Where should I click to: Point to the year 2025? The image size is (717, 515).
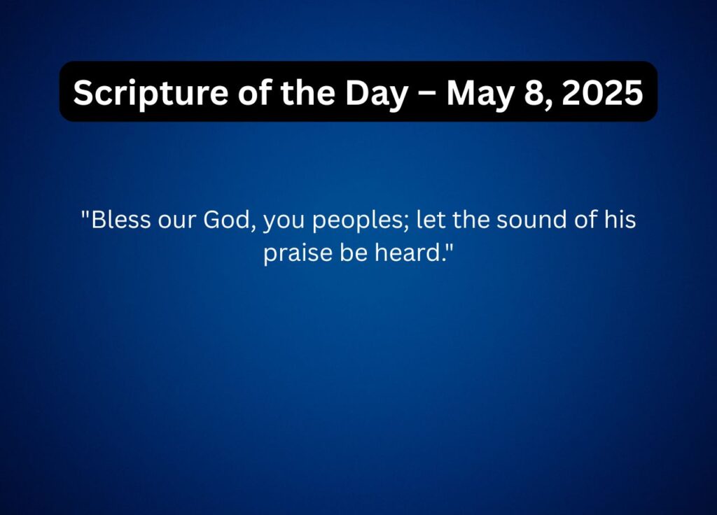[602, 93]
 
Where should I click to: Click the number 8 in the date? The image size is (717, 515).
[532, 93]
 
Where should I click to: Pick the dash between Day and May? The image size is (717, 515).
[427, 94]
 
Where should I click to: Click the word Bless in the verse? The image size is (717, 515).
[120, 219]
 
